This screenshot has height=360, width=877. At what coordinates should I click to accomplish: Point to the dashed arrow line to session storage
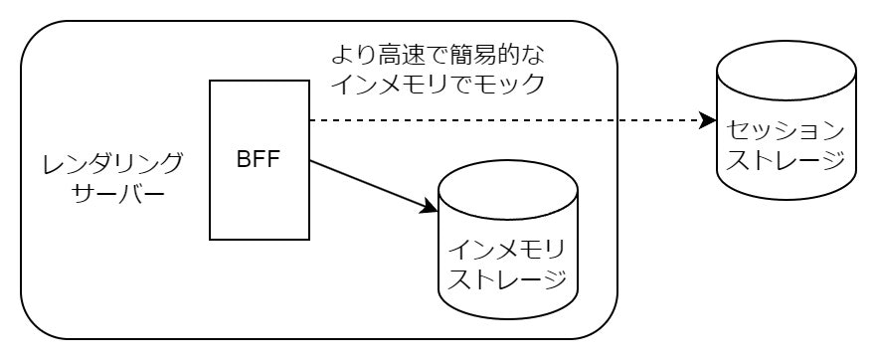click(497, 120)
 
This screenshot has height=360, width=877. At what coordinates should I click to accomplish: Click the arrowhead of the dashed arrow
click(708, 120)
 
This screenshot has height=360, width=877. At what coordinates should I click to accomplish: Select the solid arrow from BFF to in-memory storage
click(368, 185)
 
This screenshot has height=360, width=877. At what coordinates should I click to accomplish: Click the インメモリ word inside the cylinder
click(508, 246)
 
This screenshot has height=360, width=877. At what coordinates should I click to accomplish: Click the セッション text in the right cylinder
click(787, 130)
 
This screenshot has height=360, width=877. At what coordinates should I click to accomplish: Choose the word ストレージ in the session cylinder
click(787, 160)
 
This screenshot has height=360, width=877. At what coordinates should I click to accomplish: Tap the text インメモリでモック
click(438, 84)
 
